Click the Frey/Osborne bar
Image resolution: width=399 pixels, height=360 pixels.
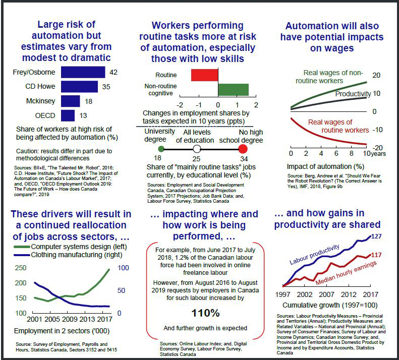(x=83, y=72)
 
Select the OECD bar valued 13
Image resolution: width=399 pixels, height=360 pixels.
(x=68, y=116)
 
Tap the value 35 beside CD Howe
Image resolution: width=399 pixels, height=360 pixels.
(x=106, y=87)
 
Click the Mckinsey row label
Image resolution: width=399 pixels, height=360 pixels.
(x=41, y=101)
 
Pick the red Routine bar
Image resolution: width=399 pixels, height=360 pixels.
(x=204, y=75)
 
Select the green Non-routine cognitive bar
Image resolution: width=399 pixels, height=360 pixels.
(x=233, y=89)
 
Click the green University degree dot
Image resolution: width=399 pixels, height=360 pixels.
(x=161, y=149)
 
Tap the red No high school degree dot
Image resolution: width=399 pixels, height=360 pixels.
(x=243, y=149)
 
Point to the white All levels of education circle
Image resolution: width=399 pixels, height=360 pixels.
(x=197, y=149)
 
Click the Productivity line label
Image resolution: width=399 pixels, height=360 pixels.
(x=354, y=94)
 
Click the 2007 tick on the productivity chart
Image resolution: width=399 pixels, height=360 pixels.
(x=326, y=294)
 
